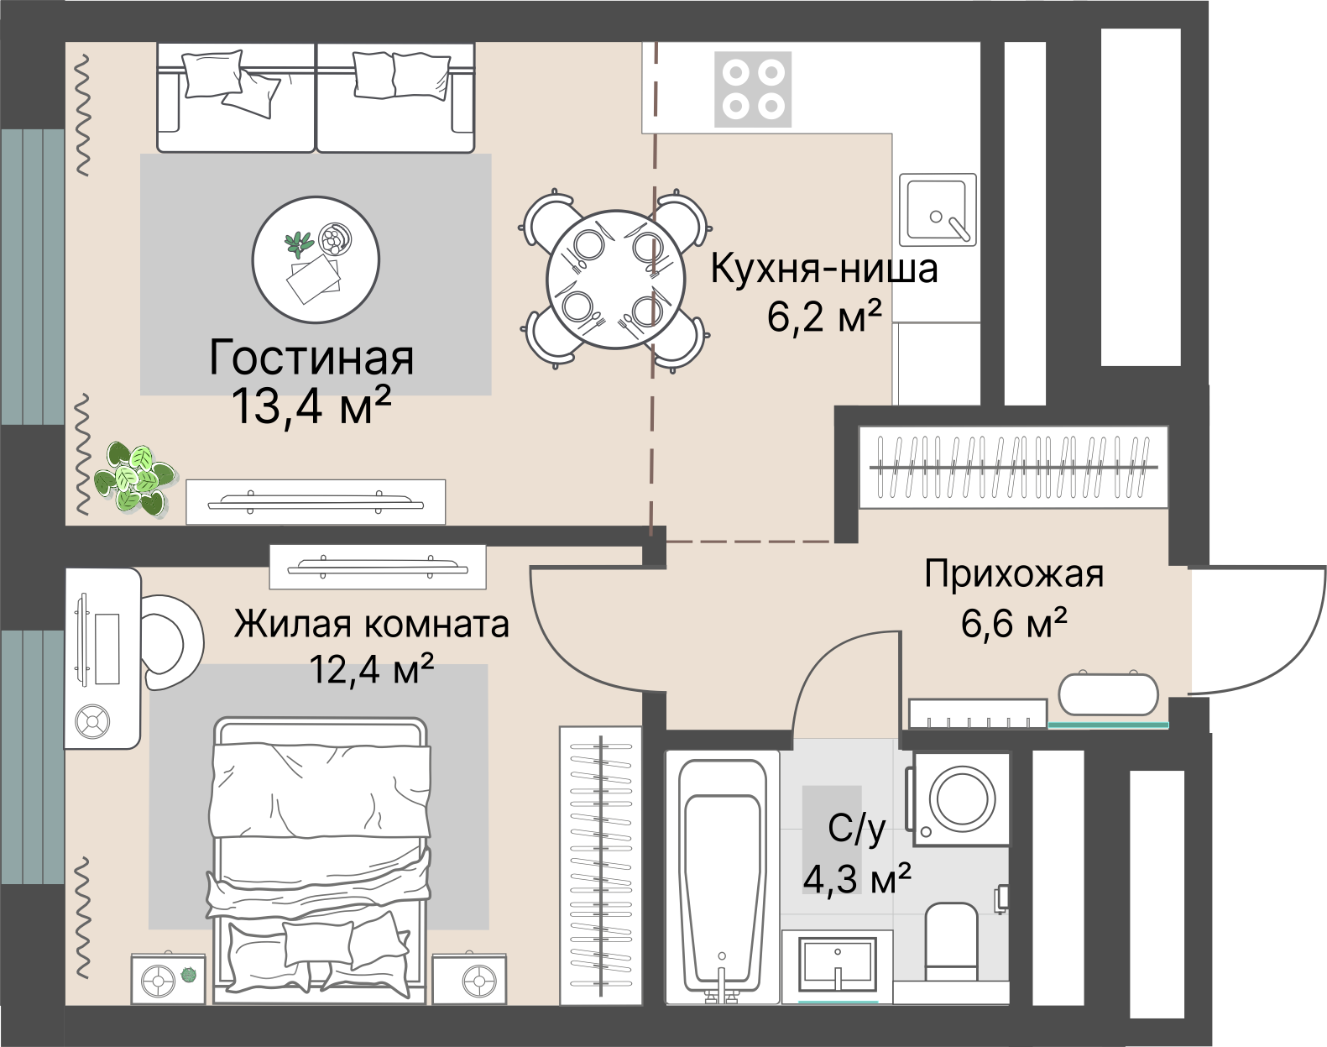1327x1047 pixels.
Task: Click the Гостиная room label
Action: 311,358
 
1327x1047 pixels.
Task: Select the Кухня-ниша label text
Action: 823,270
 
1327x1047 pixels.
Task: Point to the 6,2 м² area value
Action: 823,317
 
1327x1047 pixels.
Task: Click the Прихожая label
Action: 1013,575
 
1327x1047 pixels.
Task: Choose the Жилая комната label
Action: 371,625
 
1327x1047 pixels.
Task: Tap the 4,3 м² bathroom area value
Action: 856,879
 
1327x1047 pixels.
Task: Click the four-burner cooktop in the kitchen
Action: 752,89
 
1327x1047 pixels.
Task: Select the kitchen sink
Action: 938,210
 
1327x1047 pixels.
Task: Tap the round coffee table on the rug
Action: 316,259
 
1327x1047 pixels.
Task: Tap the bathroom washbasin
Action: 838,966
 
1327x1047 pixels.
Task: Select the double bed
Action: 321,856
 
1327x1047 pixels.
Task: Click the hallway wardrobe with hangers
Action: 1012,468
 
